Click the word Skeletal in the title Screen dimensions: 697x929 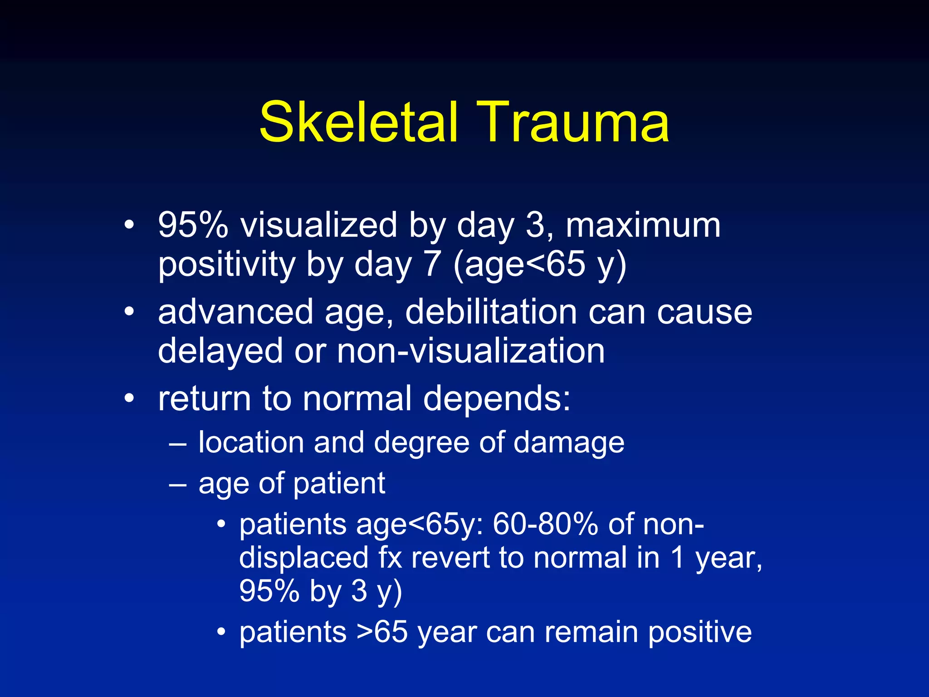click(358, 123)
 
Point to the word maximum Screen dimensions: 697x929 click(643, 225)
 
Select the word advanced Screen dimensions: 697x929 click(235, 312)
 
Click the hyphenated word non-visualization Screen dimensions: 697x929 click(471, 351)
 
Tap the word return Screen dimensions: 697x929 click(205, 398)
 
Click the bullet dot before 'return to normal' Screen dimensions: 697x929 click(130, 398)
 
